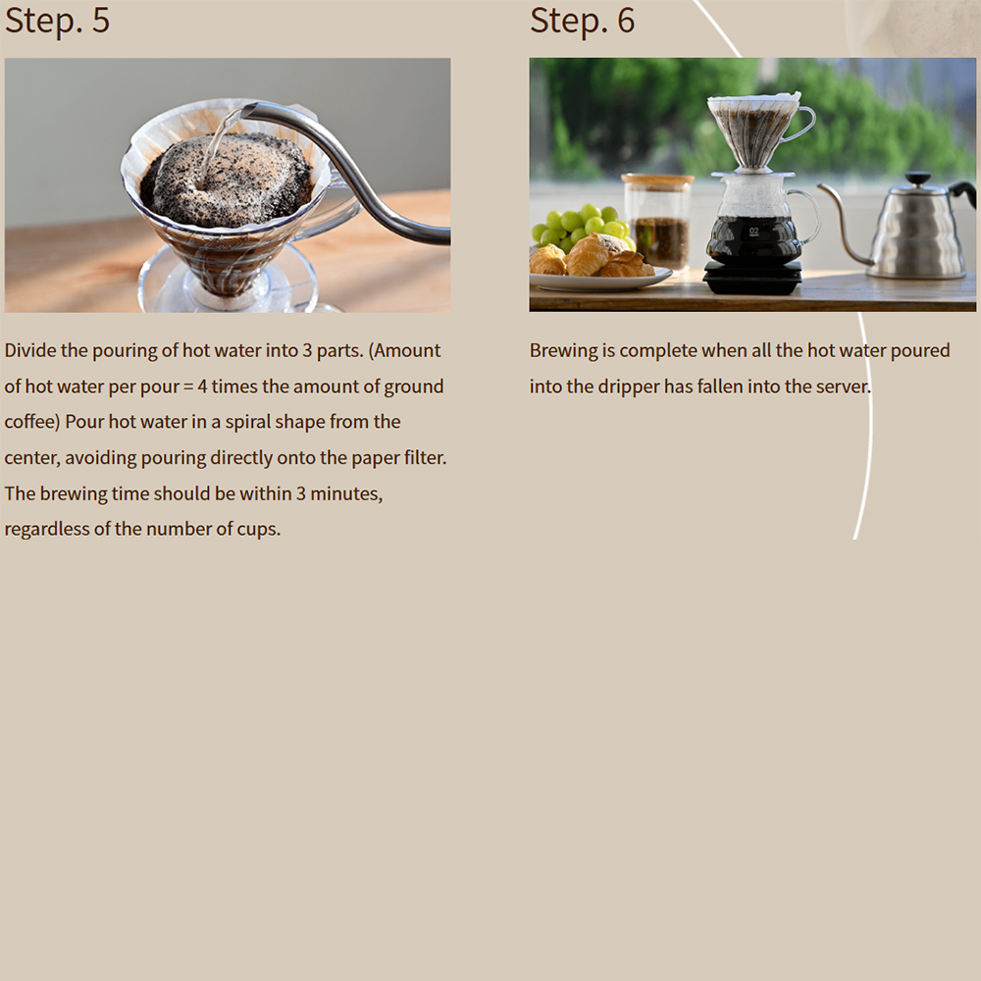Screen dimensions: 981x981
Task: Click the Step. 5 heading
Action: click(57, 22)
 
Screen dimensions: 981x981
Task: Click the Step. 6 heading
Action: click(582, 22)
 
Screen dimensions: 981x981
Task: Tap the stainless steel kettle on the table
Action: click(901, 228)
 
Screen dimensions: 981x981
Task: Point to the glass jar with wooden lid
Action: click(657, 222)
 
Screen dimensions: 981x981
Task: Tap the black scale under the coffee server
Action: click(752, 278)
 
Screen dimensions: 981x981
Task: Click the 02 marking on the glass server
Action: click(753, 231)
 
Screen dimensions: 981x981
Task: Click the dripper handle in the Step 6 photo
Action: click(804, 123)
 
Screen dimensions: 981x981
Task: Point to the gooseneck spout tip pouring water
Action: click(246, 112)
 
